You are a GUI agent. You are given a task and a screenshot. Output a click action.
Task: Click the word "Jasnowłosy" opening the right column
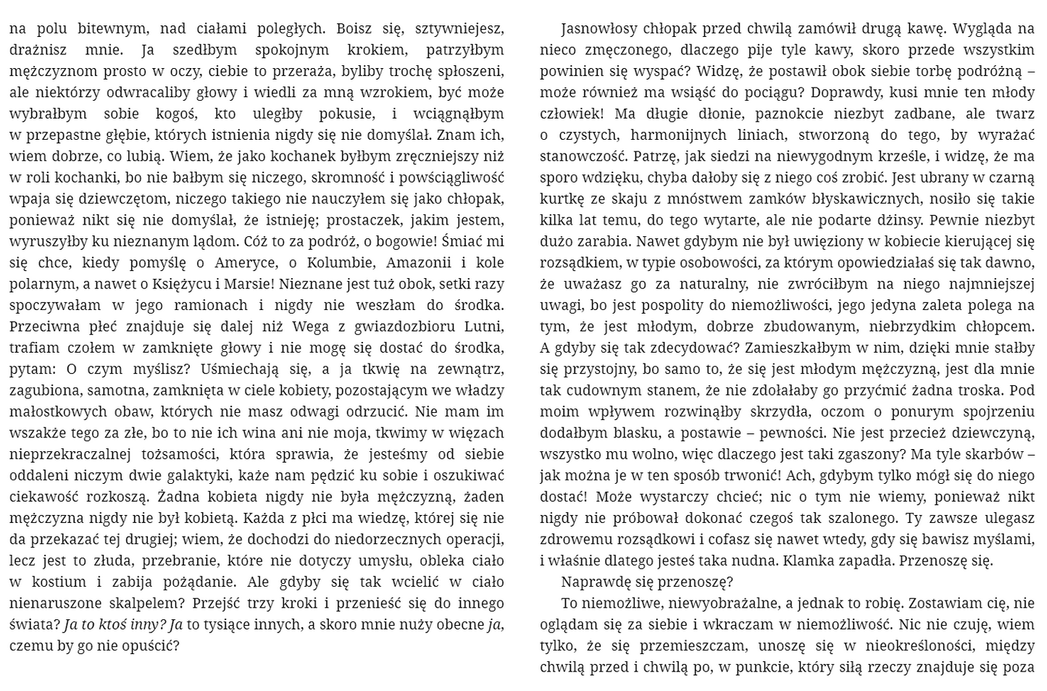click(599, 29)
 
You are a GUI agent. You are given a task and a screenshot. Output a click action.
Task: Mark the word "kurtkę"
click(562, 199)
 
